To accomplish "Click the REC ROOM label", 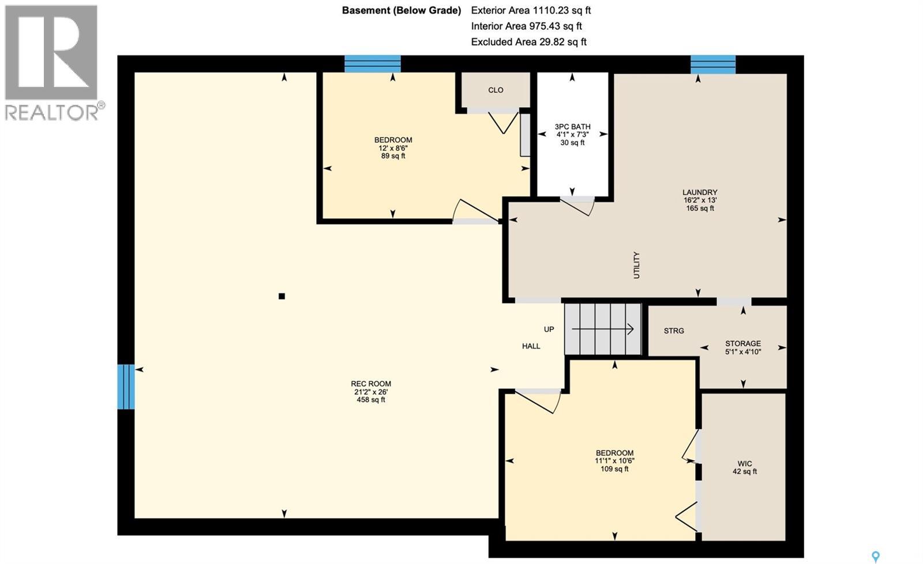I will (371, 384).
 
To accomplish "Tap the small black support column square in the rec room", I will (282, 296).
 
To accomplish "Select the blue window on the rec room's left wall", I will (126, 387).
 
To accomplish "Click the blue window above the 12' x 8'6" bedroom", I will (373, 63).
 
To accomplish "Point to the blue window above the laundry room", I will (713, 65).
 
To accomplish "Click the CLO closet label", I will (496, 90).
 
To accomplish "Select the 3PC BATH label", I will (572, 127).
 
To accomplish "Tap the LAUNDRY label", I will (700, 192).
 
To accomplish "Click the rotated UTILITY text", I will (637, 265).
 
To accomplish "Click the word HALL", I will (531, 346).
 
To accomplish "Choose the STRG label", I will (674, 331).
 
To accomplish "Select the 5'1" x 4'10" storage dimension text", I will (743, 351).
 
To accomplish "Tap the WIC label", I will (745, 463).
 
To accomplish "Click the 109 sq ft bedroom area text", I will (614, 469).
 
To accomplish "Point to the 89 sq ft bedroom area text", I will (393, 156).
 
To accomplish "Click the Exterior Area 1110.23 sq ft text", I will (531, 10).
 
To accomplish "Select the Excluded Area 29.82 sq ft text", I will (528, 41).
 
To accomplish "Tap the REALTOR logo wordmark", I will (52, 112).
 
